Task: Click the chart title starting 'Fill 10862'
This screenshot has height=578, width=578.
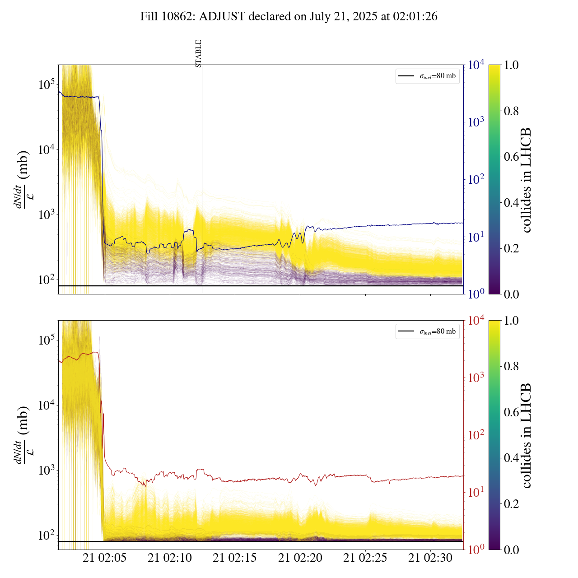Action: [x=289, y=17]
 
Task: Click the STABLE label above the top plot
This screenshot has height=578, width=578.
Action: [x=199, y=54]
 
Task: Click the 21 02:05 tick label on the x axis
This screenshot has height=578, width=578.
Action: [x=105, y=558]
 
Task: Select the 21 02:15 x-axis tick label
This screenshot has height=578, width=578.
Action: [x=235, y=558]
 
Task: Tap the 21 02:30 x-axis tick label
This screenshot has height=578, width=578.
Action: [x=430, y=558]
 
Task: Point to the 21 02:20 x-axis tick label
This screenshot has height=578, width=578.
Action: [x=300, y=558]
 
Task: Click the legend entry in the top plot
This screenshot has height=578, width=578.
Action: [x=427, y=76]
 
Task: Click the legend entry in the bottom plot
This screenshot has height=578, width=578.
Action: [x=427, y=332]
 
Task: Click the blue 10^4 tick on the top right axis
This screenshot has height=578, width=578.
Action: [x=476, y=65]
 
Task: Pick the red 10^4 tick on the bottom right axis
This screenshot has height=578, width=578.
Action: [x=476, y=321]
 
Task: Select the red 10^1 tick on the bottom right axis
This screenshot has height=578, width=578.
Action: [x=476, y=492]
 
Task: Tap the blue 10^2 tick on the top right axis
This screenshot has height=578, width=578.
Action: [x=476, y=180]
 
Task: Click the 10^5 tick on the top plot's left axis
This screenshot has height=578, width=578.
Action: [x=46, y=84]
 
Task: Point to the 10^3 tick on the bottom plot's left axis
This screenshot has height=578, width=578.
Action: [x=46, y=470]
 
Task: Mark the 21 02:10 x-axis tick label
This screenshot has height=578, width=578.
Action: [x=170, y=558]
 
